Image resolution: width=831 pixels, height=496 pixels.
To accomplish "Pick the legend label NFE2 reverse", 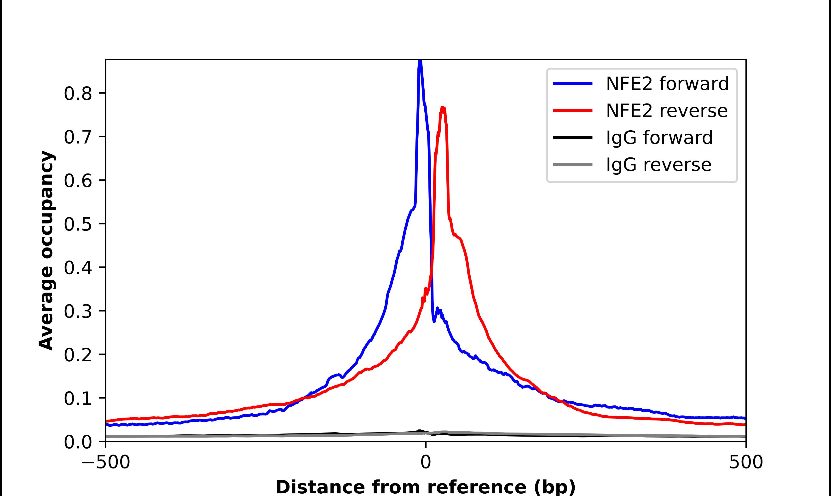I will pyautogui.click(x=667, y=111).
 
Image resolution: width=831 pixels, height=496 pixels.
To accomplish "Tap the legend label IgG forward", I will pyautogui.click(x=659, y=138).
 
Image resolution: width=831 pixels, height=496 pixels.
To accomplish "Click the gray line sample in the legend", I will pyautogui.click(x=573, y=164).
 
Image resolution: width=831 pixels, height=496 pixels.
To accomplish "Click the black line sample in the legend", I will pyautogui.click(x=573, y=137).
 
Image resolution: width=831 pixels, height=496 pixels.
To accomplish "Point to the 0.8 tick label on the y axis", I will pyautogui.click(x=78, y=94).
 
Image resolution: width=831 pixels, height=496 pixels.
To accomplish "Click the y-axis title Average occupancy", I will pyautogui.click(x=46, y=251).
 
